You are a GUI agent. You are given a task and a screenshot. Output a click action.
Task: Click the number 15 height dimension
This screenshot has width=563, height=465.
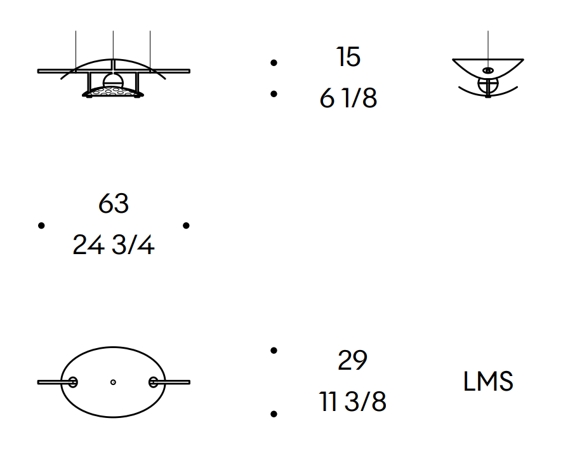[x=348, y=57]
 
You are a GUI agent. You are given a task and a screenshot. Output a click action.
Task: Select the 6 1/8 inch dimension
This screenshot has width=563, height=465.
[x=348, y=99]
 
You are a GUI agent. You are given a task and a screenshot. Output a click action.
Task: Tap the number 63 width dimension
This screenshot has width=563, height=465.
[x=114, y=204]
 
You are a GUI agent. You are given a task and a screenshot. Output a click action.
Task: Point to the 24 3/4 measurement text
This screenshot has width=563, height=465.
[x=114, y=245]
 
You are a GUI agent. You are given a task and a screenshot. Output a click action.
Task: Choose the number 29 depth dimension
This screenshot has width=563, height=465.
[x=352, y=361]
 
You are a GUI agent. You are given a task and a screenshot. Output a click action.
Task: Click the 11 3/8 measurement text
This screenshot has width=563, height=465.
[x=352, y=402]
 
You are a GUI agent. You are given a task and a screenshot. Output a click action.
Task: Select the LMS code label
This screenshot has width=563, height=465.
[x=488, y=382]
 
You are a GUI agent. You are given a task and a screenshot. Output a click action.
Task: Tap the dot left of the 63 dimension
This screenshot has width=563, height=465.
[x=42, y=226]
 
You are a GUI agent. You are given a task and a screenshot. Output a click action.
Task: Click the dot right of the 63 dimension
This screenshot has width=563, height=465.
[x=186, y=226]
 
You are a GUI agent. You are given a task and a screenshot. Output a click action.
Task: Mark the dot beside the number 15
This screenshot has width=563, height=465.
[x=274, y=62]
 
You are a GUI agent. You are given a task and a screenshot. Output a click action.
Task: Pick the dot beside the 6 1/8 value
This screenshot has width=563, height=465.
[x=274, y=94]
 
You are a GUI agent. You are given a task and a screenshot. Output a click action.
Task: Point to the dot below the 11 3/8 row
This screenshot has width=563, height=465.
[x=274, y=414]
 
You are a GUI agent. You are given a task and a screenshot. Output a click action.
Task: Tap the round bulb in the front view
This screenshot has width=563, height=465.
[x=113, y=80]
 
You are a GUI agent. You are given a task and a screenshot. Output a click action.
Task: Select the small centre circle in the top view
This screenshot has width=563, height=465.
[x=113, y=382]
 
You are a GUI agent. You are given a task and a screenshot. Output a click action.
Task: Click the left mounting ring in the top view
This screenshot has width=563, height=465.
[x=73, y=382]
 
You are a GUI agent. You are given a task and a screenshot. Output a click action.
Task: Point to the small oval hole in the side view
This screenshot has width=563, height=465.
[x=487, y=70]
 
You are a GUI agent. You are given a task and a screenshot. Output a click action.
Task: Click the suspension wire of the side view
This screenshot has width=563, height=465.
[x=487, y=44]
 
